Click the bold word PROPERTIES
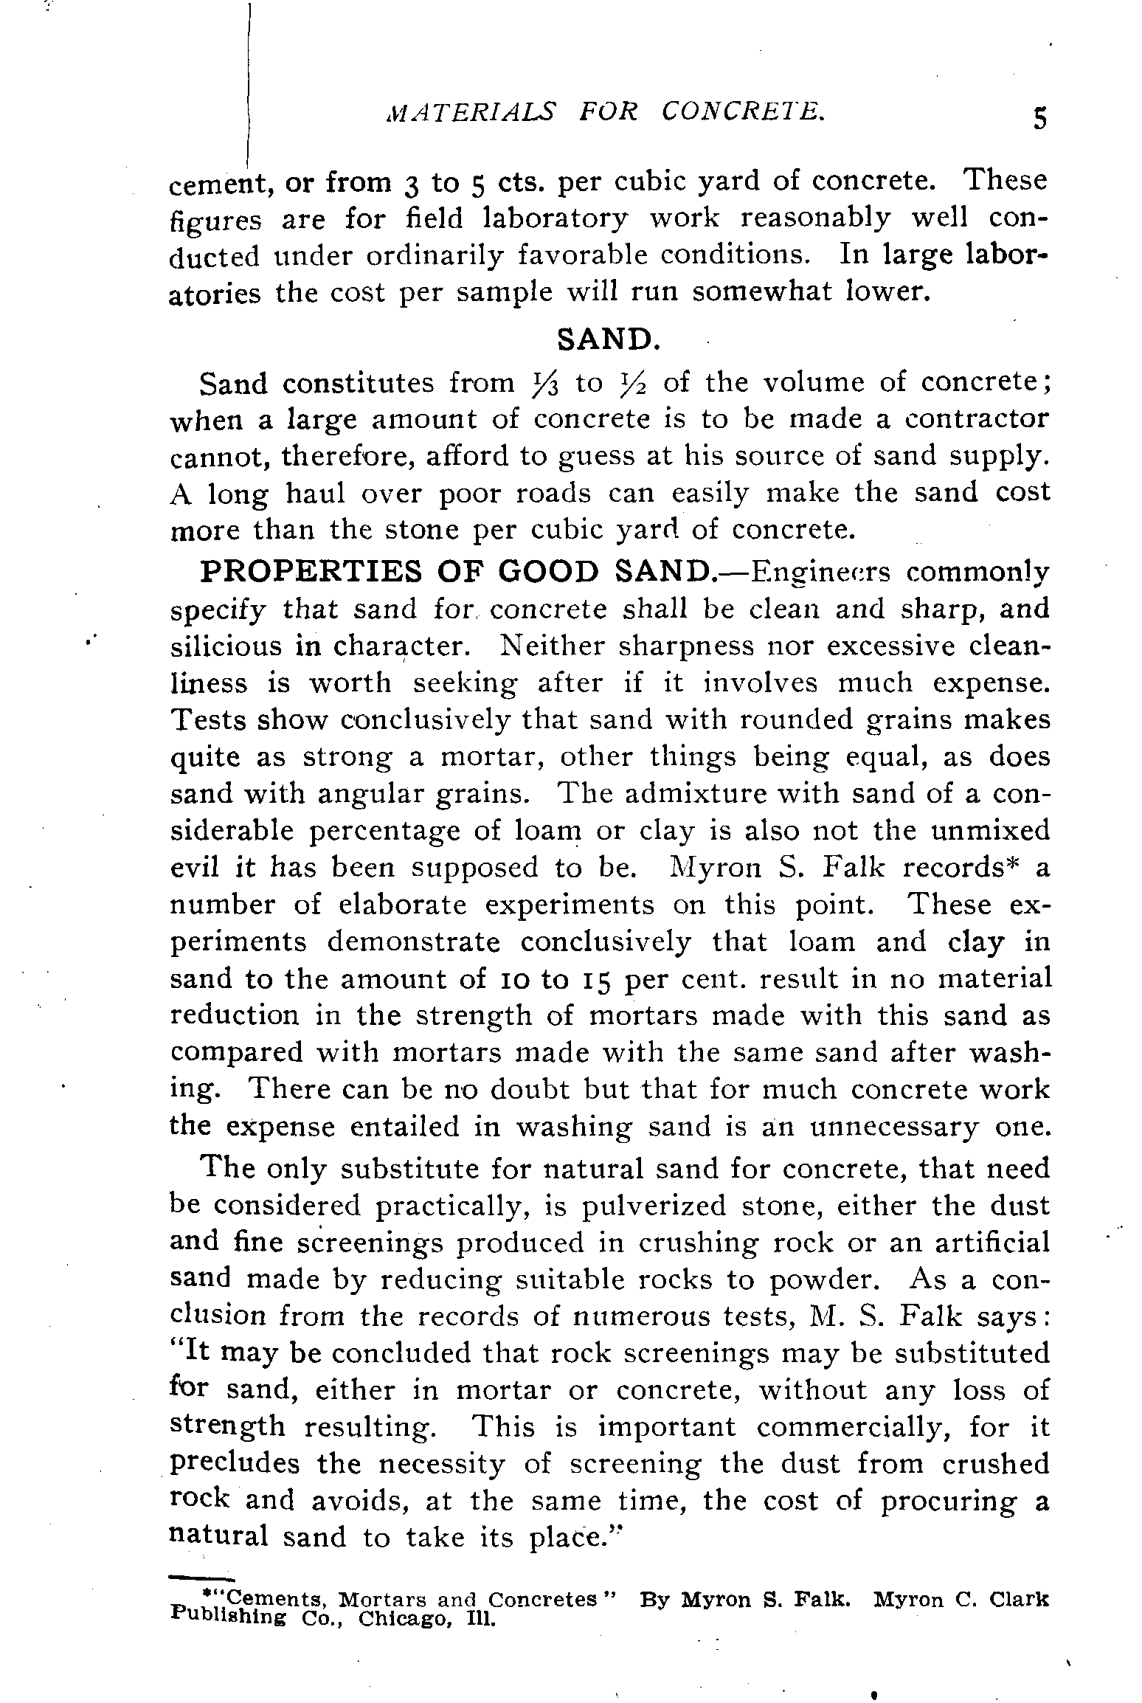click(x=312, y=573)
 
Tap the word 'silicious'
click(x=226, y=646)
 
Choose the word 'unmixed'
click(x=990, y=831)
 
